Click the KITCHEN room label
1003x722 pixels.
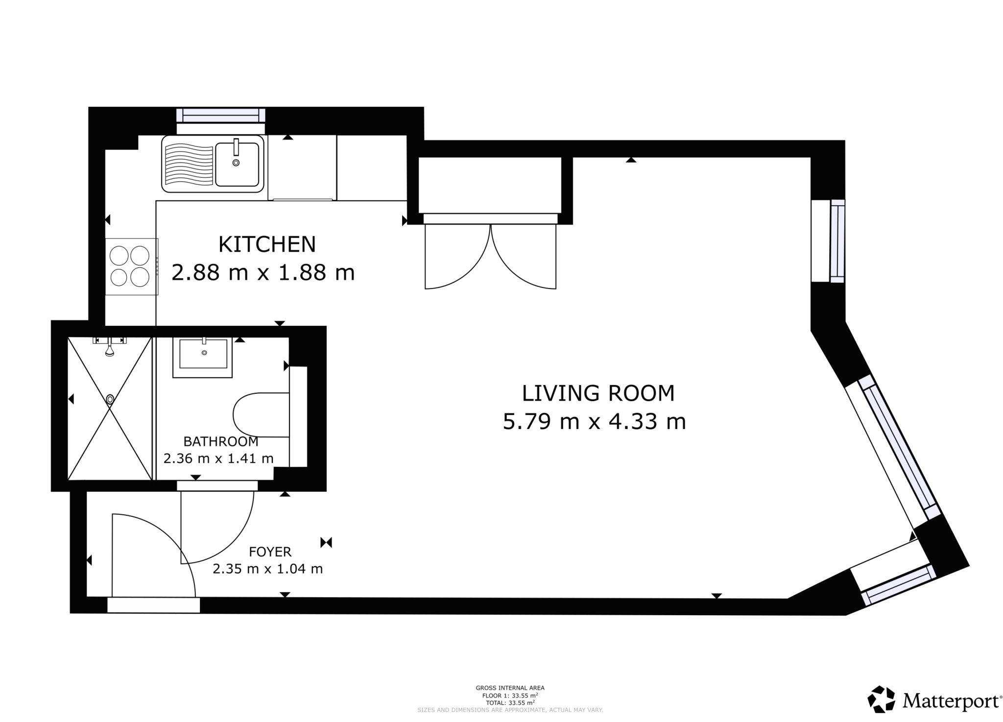point(267,244)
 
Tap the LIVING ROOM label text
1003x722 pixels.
point(598,393)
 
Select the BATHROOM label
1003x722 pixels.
point(220,441)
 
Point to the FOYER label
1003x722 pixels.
point(270,552)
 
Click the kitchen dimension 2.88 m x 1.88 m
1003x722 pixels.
point(263,272)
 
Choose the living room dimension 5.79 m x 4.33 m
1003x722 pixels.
point(594,422)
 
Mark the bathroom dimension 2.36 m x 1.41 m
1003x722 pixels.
point(218,458)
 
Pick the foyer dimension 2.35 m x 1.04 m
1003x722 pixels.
point(267,569)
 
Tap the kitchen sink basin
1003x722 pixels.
point(237,165)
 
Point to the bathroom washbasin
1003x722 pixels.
point(202,357)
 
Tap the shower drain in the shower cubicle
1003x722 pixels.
point(110,399)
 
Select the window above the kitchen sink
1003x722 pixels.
point(221,115)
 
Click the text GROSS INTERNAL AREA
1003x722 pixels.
point(510,688)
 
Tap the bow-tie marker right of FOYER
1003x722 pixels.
point(327,542)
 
